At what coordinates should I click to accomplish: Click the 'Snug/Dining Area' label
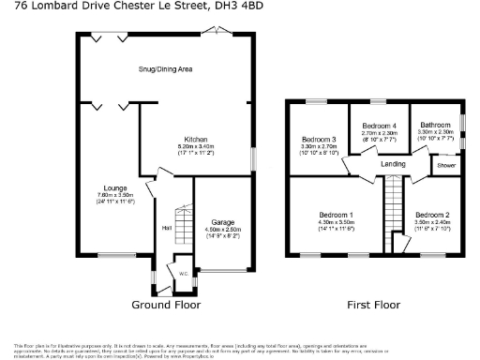pos(165,69)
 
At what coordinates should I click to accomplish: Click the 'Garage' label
pos(222,220)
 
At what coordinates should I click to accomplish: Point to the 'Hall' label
pos(167,227)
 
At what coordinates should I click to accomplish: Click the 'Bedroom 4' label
pos(379,126)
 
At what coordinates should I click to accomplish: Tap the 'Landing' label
pos(392,165)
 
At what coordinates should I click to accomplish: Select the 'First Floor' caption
pos(375,305)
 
